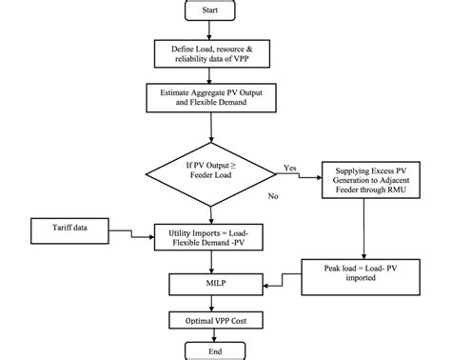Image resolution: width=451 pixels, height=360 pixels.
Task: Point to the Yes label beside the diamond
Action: pos(289,168)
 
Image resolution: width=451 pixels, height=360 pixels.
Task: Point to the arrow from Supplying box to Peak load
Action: pos(365,229)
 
